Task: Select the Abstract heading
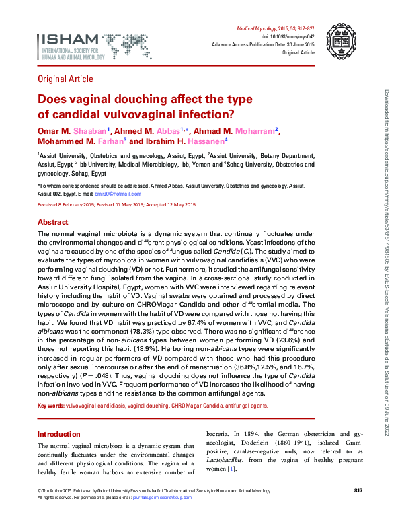(52, 222)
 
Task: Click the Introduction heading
(58, 434)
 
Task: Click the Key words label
(50, 406)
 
